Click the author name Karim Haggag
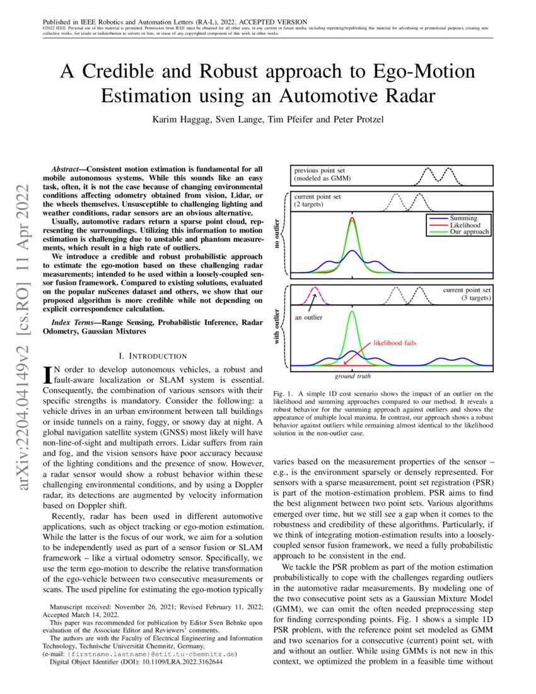pos(180,119)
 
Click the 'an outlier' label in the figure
pos(308,317)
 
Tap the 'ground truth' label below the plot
pos(352,375)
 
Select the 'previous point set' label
pos(320,170)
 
